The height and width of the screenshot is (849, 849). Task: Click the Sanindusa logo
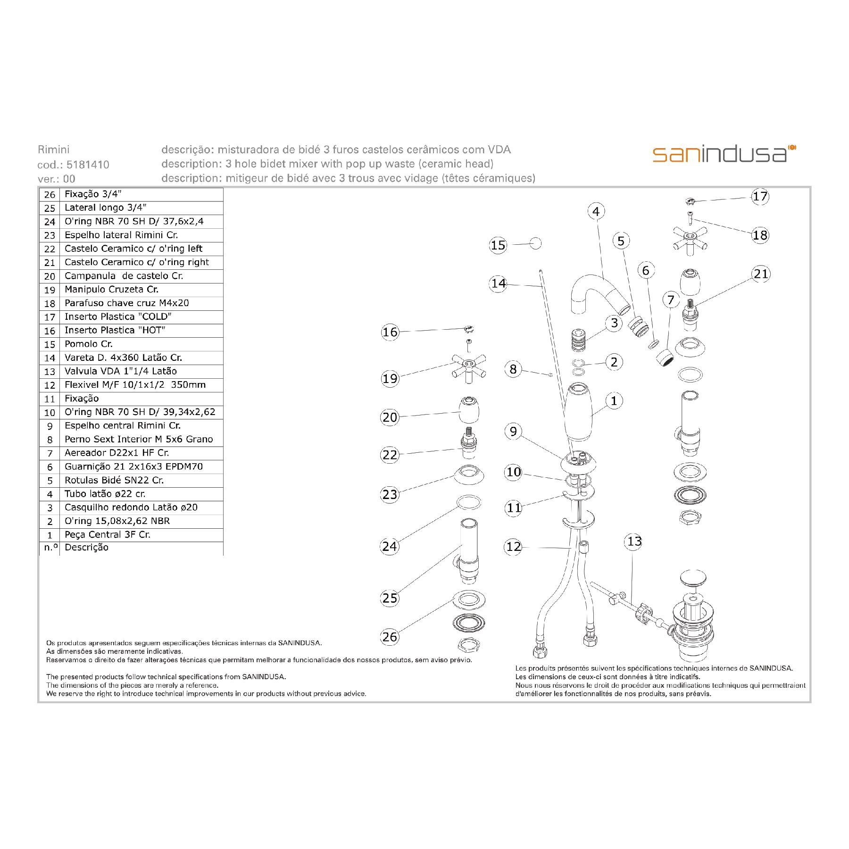coord(724,154)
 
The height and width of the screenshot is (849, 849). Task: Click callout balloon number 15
coord(498,245)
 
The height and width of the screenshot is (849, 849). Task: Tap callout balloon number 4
coord(596,211)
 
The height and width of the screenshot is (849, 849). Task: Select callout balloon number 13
coord(634,541)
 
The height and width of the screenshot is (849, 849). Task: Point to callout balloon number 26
coord(390,637)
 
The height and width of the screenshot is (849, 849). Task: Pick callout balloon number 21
coord(761,274)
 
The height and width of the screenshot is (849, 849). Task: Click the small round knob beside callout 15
coord(535,243)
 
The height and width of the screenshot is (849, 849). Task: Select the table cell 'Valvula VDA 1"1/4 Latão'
coord(121,371)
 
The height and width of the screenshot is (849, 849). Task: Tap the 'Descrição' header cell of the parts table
coord(87,548)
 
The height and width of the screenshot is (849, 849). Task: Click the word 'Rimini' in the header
coord(53,150)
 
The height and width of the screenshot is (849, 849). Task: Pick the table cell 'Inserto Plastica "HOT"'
coord(115,330)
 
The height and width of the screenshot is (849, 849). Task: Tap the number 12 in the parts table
coord(50,385)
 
